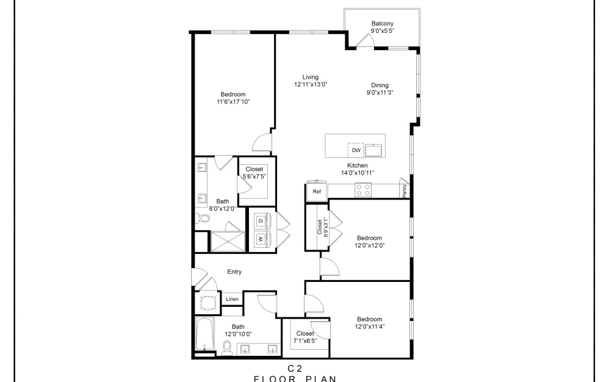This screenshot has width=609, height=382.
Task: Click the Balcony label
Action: [x=382, y=24]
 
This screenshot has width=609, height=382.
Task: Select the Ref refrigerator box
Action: [x=317, y=192]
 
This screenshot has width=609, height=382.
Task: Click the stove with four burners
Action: [x=364, y=192]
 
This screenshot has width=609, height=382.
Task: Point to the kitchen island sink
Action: [x=373, y=150]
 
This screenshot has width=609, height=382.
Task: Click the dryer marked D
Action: [x=260, y=220]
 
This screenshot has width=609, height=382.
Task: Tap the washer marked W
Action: [x=260, y=239]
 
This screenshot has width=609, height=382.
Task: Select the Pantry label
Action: [x=405, y=190]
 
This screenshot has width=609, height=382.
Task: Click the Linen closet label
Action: [x=232, y=299]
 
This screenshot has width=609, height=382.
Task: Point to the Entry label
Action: [x=234, y=272]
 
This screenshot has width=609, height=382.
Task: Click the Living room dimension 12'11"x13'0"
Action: [x=311, y=85]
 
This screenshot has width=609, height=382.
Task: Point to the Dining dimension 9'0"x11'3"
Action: [x=380, y=93]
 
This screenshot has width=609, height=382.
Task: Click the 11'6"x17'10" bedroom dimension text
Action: [x=233, y=102]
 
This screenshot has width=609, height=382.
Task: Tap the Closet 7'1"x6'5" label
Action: [x=304, y=341]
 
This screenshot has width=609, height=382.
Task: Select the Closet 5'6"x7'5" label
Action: [x=254, y=176]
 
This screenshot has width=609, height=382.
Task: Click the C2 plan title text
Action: [x=295, y=368]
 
